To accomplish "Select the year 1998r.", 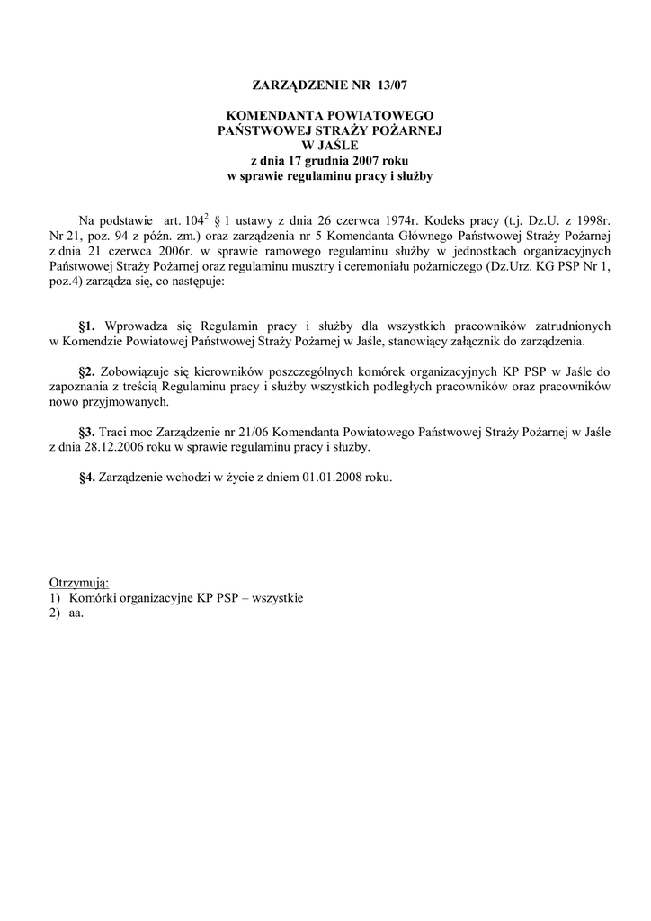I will [x=592, y=219].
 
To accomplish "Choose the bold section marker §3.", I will [x=87, y=431].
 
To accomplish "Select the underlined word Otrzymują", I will [x=79, y=583].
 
